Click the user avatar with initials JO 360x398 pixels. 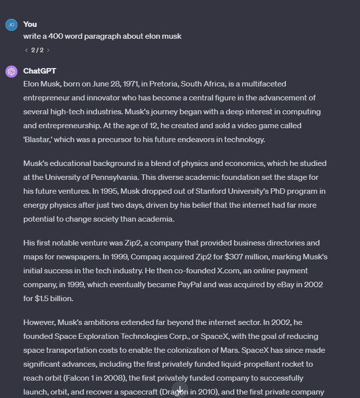(11, 25)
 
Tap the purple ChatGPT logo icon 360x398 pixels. (11, 72)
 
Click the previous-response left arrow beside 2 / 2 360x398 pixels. (26, 50)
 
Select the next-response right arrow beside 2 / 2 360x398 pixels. (48, 50)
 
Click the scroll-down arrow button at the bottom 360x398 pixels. (180, 390)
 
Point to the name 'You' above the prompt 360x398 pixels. (30, 24)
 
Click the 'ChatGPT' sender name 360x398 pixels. (39, 71)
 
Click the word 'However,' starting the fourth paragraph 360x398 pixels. (39, 322)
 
